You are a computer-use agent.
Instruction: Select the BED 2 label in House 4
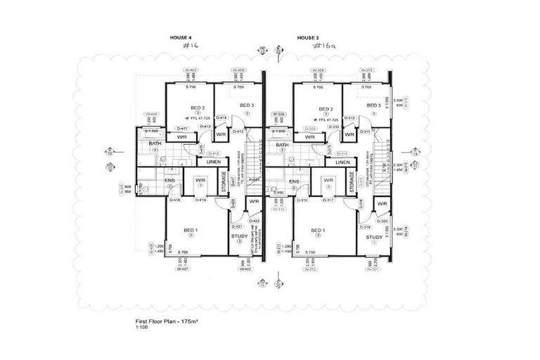click(198, 108)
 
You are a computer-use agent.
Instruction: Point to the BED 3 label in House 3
click(373, 105)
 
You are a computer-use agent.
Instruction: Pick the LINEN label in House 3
click(342, 162)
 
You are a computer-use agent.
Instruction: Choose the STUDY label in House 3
click(373, 238)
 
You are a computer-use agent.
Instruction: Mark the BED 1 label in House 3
click(319, 231)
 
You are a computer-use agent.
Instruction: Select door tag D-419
click(200, 200)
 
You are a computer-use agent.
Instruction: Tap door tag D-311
click(365, 131)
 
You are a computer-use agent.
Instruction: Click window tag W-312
click(309, 268)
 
